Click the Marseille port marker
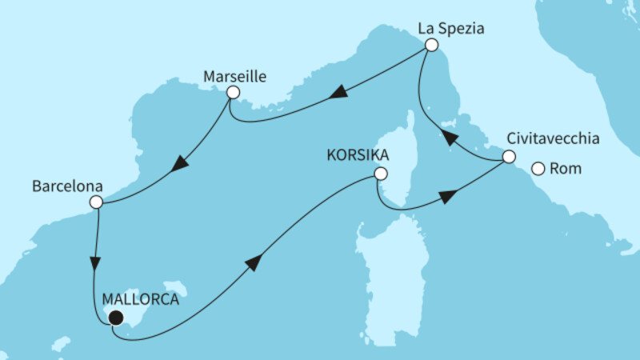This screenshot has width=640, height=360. pos(233,93)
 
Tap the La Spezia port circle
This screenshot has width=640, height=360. pos(430,45)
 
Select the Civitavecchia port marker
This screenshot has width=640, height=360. pos(508,157)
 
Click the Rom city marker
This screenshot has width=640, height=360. pos(538,169)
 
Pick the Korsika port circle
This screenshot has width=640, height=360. pos(381,174)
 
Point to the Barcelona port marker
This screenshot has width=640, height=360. pos(96,202)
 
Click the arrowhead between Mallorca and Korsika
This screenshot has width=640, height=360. pos(254,262)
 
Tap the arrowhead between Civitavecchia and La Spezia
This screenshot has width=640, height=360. pos(450,139)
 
